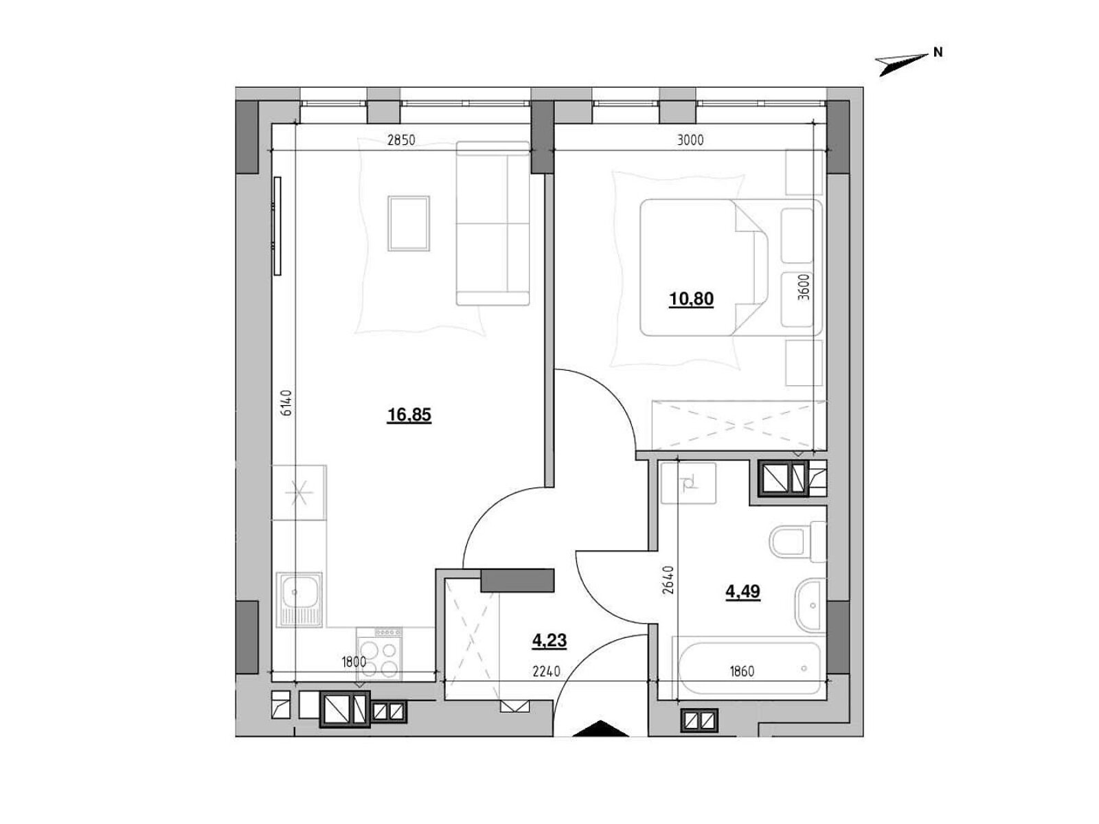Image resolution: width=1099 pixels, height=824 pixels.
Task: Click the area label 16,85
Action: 409,415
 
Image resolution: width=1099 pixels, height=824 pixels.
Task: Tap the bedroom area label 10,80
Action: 691,299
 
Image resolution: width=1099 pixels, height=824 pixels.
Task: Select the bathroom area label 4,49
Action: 743,591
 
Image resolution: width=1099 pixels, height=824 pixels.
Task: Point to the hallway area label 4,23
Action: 549,641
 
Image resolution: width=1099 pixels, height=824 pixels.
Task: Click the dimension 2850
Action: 401,141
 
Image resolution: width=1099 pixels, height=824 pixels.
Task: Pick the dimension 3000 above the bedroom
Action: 690,141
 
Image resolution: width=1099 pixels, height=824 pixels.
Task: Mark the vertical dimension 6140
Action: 286,403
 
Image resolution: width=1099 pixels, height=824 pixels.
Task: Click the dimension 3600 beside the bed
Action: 804,286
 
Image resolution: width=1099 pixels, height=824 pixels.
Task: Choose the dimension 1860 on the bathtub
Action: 742,672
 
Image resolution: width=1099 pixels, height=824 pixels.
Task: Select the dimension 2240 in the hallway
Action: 546,672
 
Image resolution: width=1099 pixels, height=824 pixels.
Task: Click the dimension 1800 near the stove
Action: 354,663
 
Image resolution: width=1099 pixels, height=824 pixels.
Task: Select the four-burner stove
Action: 379,654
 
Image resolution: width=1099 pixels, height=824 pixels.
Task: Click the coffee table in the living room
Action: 409,224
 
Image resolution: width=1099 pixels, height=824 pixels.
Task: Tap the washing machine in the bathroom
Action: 688,483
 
